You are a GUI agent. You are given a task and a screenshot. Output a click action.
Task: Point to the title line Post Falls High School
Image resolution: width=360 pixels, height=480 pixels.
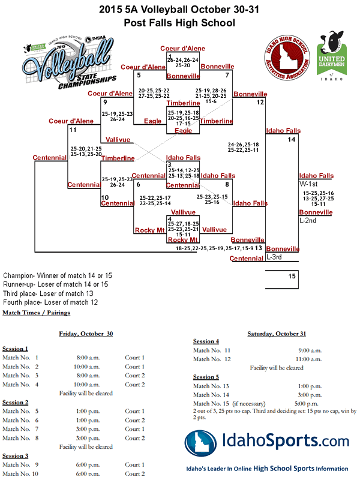[x=179, y=23]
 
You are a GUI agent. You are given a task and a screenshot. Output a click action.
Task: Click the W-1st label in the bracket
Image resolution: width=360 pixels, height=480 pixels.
[x=309, y=184]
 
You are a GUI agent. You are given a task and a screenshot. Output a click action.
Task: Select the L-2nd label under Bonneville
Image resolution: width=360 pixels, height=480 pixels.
[x=308, y=220]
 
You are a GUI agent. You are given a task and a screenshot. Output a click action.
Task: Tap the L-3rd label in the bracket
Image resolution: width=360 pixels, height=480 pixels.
[x=274, y=257]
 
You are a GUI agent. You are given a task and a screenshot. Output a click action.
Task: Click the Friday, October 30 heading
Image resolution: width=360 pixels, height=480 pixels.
[x=85, y=333]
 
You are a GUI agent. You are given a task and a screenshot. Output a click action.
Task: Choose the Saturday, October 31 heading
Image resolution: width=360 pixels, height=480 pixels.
[x=277, y=333]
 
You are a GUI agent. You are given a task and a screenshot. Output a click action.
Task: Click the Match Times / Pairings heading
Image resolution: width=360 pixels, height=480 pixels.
[x=36, y=313]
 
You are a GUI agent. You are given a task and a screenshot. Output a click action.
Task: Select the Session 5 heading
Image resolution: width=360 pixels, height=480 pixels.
[x=206, y=377]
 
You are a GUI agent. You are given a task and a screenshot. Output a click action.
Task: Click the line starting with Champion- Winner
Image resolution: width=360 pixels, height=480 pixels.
[x=58, y=275]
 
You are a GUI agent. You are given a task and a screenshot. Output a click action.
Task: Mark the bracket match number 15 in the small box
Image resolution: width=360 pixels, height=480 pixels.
[x=292, y=276]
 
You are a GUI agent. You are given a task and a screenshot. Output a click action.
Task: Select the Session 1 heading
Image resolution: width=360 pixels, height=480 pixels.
[x=15, y=349]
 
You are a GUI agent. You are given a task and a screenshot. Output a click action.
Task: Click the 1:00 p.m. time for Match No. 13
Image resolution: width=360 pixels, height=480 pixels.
[x=311, y=386]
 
